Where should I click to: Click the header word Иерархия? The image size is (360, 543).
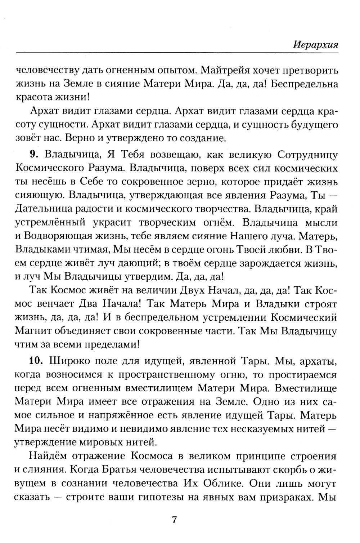pos(316,45)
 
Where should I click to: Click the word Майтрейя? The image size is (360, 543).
pos(231,70)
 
